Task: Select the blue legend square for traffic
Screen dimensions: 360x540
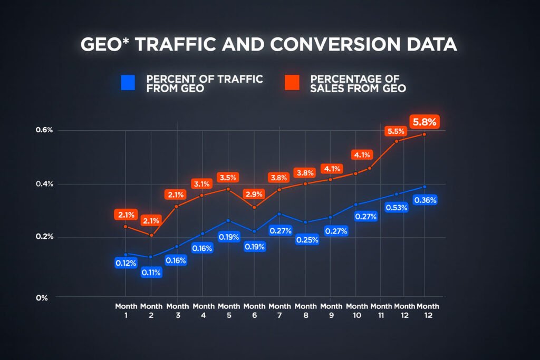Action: tap(128, 82)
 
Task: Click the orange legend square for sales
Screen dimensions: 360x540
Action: tap(292, 82)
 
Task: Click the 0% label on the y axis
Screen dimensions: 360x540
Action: tap(42, 298)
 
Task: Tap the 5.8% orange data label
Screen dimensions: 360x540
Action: tap(425, 122)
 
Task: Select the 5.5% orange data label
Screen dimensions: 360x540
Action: tap(396, 131)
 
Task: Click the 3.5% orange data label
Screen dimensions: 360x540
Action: tap(228, 177)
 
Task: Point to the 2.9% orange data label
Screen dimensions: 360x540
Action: tap(254, 194)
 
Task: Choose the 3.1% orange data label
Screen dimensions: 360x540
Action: tap(202, 184)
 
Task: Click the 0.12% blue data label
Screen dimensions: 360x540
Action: tap(126, 262)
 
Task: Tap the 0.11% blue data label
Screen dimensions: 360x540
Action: tap(151, 273)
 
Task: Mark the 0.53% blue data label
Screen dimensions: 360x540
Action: tap(396, 208)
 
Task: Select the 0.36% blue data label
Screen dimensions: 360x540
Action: tap(425, 200)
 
